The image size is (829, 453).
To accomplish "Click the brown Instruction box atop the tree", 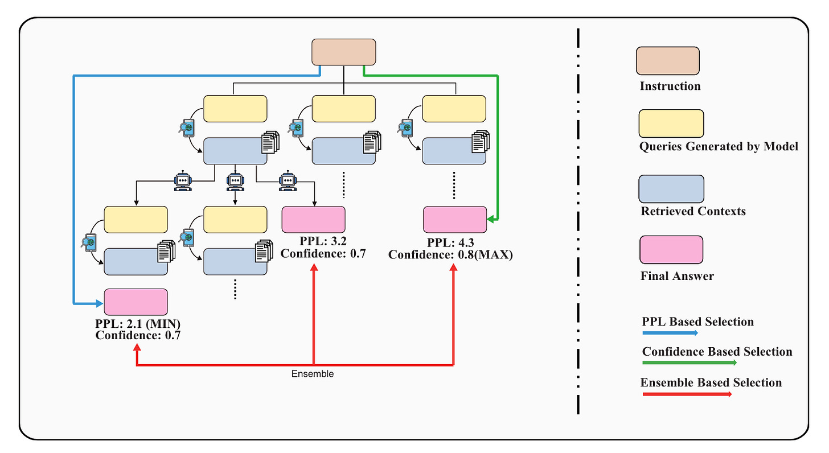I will coord(343,52).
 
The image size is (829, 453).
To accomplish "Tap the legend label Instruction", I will coord(670,87).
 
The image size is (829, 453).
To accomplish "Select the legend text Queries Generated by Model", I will coord(719,147).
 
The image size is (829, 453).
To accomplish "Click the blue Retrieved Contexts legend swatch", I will coord(671,188).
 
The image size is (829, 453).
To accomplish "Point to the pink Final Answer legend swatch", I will coord(671,250).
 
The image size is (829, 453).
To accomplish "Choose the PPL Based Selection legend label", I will coord(697,322).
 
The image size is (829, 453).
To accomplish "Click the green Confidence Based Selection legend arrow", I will coord(689,362).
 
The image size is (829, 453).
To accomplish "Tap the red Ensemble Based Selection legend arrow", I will coord(687,393).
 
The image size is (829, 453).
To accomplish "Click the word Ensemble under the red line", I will coord(313,374).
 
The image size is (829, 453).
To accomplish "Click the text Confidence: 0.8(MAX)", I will coord(450,255).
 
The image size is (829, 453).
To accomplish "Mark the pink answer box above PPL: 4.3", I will coord(454,220).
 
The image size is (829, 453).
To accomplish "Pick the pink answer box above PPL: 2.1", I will coord(136,302).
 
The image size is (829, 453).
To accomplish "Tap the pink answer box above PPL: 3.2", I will coord(314,220).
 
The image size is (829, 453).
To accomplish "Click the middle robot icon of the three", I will coord(235,180).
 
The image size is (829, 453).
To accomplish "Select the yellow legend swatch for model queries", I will coord(671,123).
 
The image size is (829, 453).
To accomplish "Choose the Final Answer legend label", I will coord(677,277).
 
